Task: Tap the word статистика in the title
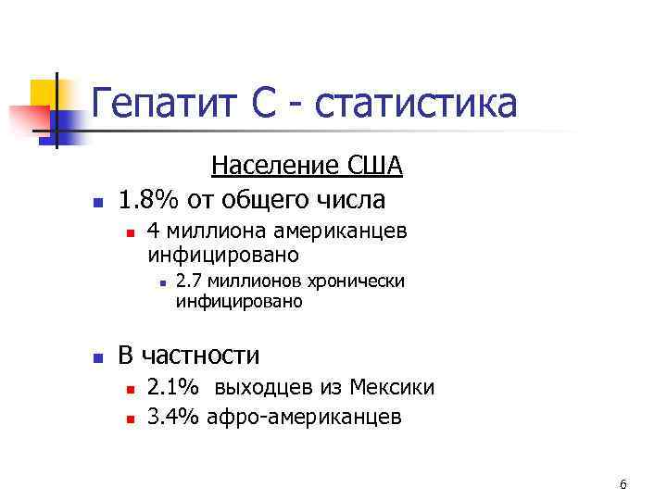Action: [x=415, y=103]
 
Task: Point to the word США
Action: [x=376, y=167]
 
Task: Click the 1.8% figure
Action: [x=150, y=199]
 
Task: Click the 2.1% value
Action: [x=172, y=388]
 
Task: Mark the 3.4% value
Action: [x=172, y=418]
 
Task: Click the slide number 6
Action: [x=623, y=485]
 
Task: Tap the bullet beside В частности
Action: [x=95, y=356]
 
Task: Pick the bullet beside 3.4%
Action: [x=131, y=419]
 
